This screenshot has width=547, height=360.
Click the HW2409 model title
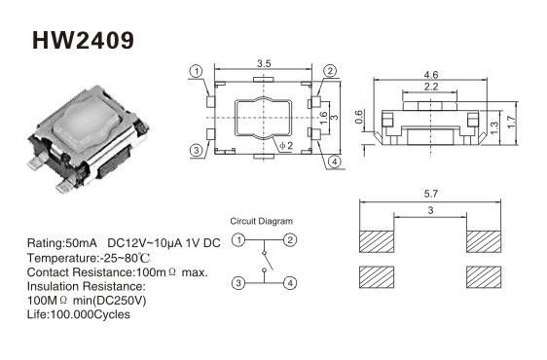tap(83, 40)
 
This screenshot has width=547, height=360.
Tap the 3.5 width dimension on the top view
tap(264, 64)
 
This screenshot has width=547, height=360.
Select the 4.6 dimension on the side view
tap(431, 75)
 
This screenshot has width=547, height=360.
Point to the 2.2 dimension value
tap(431, 87)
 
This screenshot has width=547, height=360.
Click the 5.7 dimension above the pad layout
tap(430, 194)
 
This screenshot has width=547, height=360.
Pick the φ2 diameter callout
tap(286, 146)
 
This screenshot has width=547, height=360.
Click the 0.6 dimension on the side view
tap(359, 117)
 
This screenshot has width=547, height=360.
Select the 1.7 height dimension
tap(511, 122)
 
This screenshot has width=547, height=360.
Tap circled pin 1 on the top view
tap(197, 71)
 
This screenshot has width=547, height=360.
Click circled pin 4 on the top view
tap(334, 162)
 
